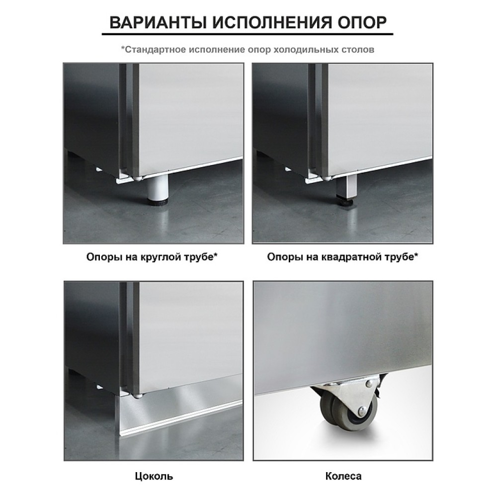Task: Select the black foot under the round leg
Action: (x=157, y=203)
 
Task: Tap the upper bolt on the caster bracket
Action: (x=368, y=384)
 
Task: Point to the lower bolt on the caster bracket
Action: (x=361, y=412)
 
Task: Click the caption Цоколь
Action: (x=154, y=477)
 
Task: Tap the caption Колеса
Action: (x=343, y=476)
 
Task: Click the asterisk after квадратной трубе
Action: (x=416, y=255)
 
